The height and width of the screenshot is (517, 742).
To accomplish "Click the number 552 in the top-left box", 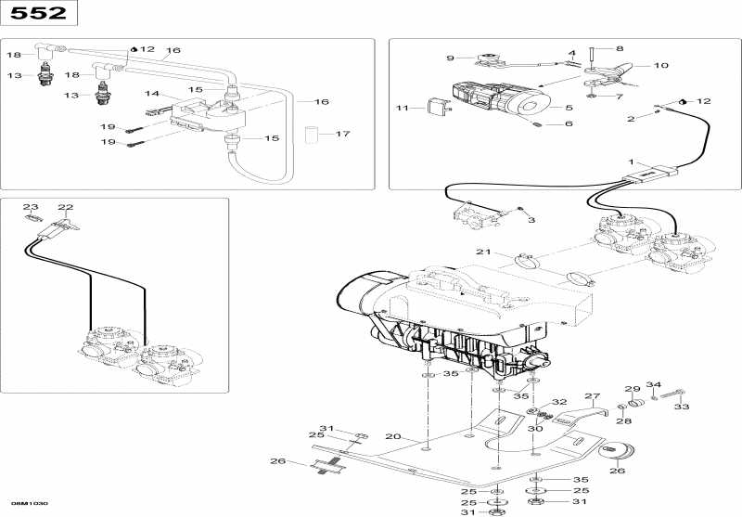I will [x=38, y=13].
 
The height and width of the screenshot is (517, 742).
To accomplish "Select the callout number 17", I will [x=342, y=134].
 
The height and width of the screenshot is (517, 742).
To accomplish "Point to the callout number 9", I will [x=450, y=58].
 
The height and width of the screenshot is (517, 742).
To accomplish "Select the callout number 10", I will [x=661, y=66].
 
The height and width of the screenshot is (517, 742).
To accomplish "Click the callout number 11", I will [x=402, y=109].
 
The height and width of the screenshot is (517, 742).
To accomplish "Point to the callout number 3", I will [x=531, y=220].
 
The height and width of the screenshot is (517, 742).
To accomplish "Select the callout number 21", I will [x=482, y=252].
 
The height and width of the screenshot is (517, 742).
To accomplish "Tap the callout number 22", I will [x=65, y=207].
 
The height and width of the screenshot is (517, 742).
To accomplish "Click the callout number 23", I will [x=30, y=207].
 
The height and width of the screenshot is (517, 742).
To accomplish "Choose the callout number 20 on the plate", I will [x=392, y=436].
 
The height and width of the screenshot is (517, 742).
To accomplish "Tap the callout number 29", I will [x=632, y=389].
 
